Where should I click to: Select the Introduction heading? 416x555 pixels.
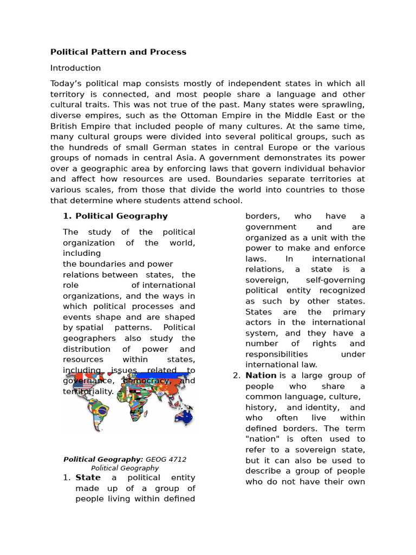tap(75, 68)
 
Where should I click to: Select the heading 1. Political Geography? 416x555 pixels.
tap(115, 216)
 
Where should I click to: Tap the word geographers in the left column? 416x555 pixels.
tap(86, 339)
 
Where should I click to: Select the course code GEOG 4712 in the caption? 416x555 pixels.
tap(166, 460)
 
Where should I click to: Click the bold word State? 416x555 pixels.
tap(88, 478)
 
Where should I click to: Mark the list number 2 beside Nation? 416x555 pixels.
tap(236, 376)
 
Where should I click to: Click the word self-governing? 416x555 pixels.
tap(335, 280)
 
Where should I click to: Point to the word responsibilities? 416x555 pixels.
tap(276, 354)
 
